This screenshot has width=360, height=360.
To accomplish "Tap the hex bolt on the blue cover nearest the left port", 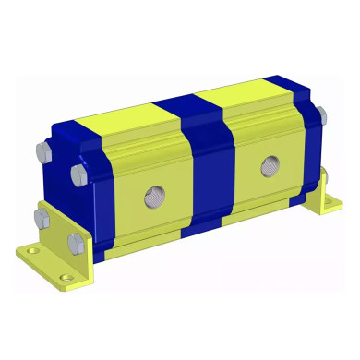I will pyautogui.click(x=78, y=174).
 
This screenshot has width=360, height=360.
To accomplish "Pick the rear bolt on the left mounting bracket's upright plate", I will pyautogui.click(x=40, y=218).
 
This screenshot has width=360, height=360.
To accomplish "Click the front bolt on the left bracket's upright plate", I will pyautogui.click(x=74, y=244).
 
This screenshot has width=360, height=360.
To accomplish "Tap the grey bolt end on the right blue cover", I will pyautogui.click(x=320, y=114).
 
